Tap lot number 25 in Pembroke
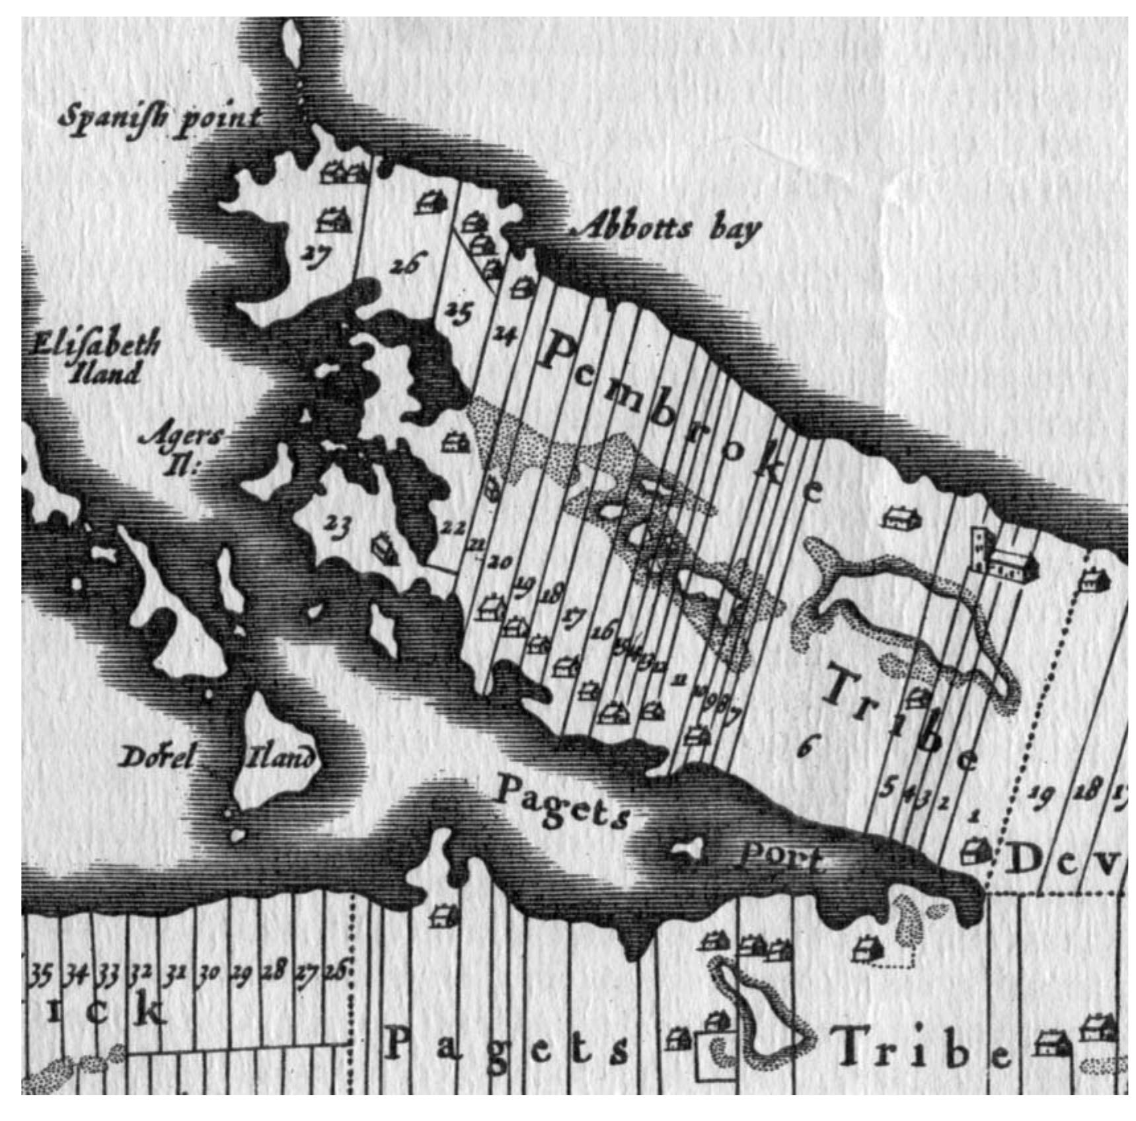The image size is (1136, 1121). coord(457,311)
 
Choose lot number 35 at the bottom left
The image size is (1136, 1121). coord(40,975)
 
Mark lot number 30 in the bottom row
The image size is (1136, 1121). coord(209,974)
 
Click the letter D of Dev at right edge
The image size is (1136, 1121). coord(1024,861)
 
